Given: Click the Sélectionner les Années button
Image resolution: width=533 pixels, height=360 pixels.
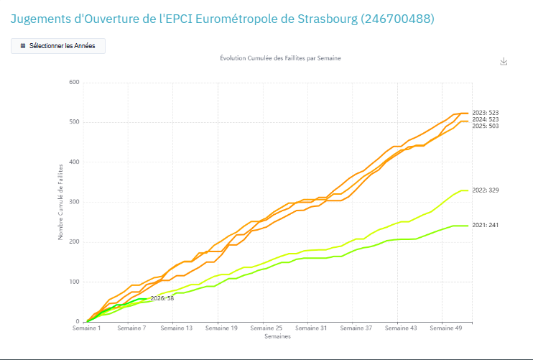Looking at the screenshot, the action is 58,46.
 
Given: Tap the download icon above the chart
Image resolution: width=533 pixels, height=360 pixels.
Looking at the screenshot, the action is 504,62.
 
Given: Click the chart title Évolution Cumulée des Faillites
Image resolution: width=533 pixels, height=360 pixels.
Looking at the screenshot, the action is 280,58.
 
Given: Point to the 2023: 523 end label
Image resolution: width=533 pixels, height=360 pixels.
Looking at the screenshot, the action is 486,113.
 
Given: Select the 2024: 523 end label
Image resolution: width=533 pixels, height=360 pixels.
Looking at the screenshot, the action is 486,120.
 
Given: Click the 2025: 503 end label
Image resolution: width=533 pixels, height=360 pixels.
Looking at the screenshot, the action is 486,126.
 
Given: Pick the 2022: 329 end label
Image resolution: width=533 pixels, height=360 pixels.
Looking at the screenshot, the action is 486,190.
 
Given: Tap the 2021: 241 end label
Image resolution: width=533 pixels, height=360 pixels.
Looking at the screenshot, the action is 486,225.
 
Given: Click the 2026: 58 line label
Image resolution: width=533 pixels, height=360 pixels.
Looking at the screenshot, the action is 162,298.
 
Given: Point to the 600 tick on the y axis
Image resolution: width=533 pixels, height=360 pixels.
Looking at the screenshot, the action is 74,82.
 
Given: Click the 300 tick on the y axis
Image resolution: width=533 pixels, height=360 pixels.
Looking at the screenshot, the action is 74,202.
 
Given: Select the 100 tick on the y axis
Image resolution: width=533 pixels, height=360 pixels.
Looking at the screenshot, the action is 74,282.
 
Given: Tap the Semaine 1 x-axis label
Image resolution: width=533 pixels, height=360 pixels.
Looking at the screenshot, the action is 87,328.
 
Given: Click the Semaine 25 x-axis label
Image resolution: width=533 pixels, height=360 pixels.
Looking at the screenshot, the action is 266,328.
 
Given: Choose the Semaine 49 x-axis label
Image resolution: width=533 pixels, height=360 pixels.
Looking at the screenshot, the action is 446,328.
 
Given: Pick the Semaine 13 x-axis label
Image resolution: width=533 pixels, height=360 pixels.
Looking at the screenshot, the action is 177,328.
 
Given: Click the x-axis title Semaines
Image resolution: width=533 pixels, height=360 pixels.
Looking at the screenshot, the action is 278,336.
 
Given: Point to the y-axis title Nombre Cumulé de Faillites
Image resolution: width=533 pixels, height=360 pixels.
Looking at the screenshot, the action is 60,202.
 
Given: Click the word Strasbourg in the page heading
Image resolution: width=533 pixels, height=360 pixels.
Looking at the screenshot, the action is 328,19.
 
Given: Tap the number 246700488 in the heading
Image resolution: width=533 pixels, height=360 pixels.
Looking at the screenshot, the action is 397,19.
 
